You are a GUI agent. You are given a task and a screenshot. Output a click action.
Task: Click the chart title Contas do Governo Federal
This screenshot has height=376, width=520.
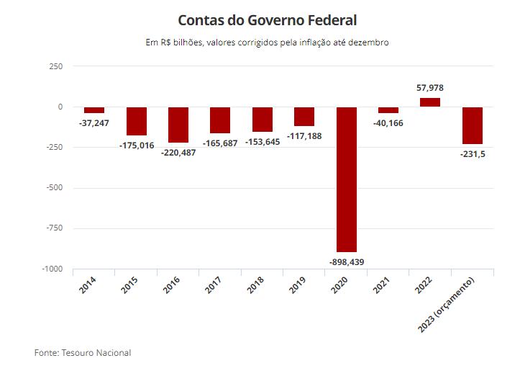coord(267,19)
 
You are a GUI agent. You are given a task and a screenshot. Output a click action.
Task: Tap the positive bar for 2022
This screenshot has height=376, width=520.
coord(429,102)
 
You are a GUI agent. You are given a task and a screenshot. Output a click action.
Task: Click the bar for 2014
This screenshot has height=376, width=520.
coord(94,110)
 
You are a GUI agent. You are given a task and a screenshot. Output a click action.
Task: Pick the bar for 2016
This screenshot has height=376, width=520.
coord(178,125)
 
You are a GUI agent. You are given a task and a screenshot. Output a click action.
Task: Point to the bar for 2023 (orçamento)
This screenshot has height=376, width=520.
coord(472,125)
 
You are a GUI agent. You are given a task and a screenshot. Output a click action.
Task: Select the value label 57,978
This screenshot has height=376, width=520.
coord(429,88)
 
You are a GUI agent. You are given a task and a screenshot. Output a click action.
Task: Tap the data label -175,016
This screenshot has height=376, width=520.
coord(137,145)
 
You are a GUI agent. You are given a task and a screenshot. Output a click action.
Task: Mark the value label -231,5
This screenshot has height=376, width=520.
coord(472,154)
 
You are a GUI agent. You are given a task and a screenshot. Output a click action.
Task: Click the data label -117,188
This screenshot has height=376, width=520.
coord(304,135)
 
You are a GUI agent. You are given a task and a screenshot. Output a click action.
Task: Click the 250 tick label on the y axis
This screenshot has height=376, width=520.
coord(55,66)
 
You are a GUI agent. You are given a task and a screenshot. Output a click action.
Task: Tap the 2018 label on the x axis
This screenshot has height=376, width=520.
coord(255,283)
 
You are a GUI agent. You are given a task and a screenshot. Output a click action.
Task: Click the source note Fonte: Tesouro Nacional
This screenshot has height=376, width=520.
coord(83,353)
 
